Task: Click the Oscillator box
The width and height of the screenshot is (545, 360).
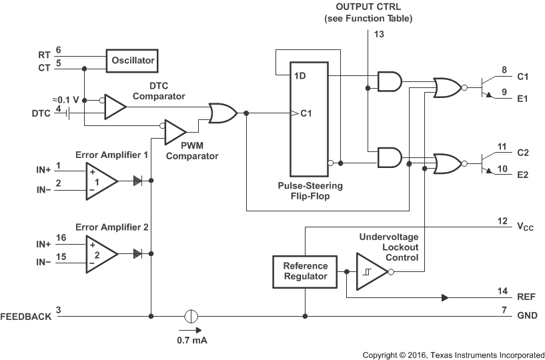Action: [x=133, y=61]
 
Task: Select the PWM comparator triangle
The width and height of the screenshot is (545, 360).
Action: [x=175, y=130]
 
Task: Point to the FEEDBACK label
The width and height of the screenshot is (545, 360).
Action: [x=26, y=317]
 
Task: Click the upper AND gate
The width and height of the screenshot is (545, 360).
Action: [x=390, y=82]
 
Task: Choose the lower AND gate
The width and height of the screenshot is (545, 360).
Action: [x=390, y=157]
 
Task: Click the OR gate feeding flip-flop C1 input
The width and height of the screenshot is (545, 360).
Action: [x=222, y=113]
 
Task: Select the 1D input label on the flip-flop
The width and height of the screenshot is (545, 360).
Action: [x=300, y=75]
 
